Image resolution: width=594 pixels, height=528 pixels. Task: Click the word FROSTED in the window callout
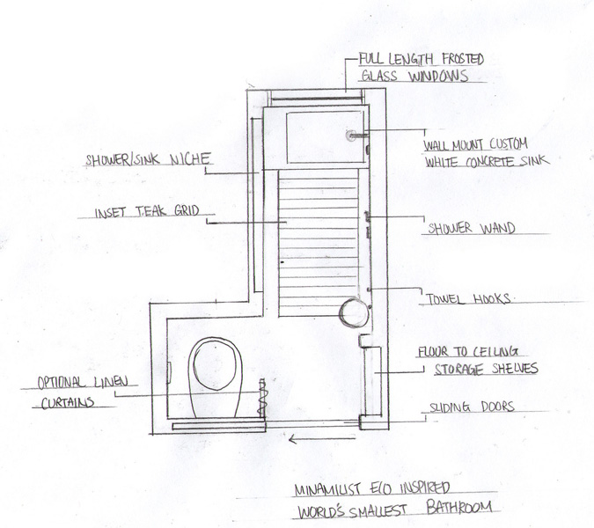(455, 60)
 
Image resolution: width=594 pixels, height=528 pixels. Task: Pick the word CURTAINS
(66, 402)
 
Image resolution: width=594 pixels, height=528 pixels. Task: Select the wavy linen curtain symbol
(261, 398)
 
